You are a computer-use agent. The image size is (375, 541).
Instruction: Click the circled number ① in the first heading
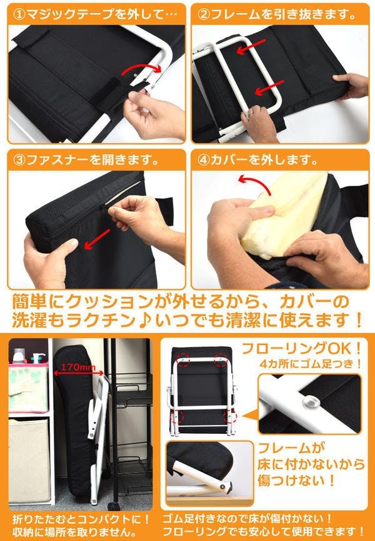(x=19, y=14)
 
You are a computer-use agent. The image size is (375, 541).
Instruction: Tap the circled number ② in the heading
(x=204, y=14)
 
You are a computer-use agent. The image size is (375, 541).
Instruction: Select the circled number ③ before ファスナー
(x=19, y=160)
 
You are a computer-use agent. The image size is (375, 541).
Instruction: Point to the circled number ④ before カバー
(x=204, y=160)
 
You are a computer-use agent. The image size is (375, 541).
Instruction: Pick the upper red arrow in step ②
(x=251, y=46)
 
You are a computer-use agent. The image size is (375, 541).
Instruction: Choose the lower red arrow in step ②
(x=269, y=88)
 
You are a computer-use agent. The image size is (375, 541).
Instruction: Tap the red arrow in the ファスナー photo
(x=97, y=239)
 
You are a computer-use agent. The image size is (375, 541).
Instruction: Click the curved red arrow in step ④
(x=254, y=183)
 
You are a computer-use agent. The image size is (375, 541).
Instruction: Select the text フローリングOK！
(x=302, y=349)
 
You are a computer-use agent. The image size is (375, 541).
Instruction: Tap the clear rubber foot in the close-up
(x=310, y=401)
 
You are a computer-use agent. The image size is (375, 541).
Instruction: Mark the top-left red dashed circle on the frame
(x=183, y=359)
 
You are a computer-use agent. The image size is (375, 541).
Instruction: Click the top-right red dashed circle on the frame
(x=221, y=359)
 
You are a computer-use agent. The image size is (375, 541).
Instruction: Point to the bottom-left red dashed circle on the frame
(x=177, y=416)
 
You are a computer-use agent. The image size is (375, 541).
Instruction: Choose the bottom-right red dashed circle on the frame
(x=230, y=416)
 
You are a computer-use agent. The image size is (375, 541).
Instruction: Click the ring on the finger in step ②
(x=252, y=113)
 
